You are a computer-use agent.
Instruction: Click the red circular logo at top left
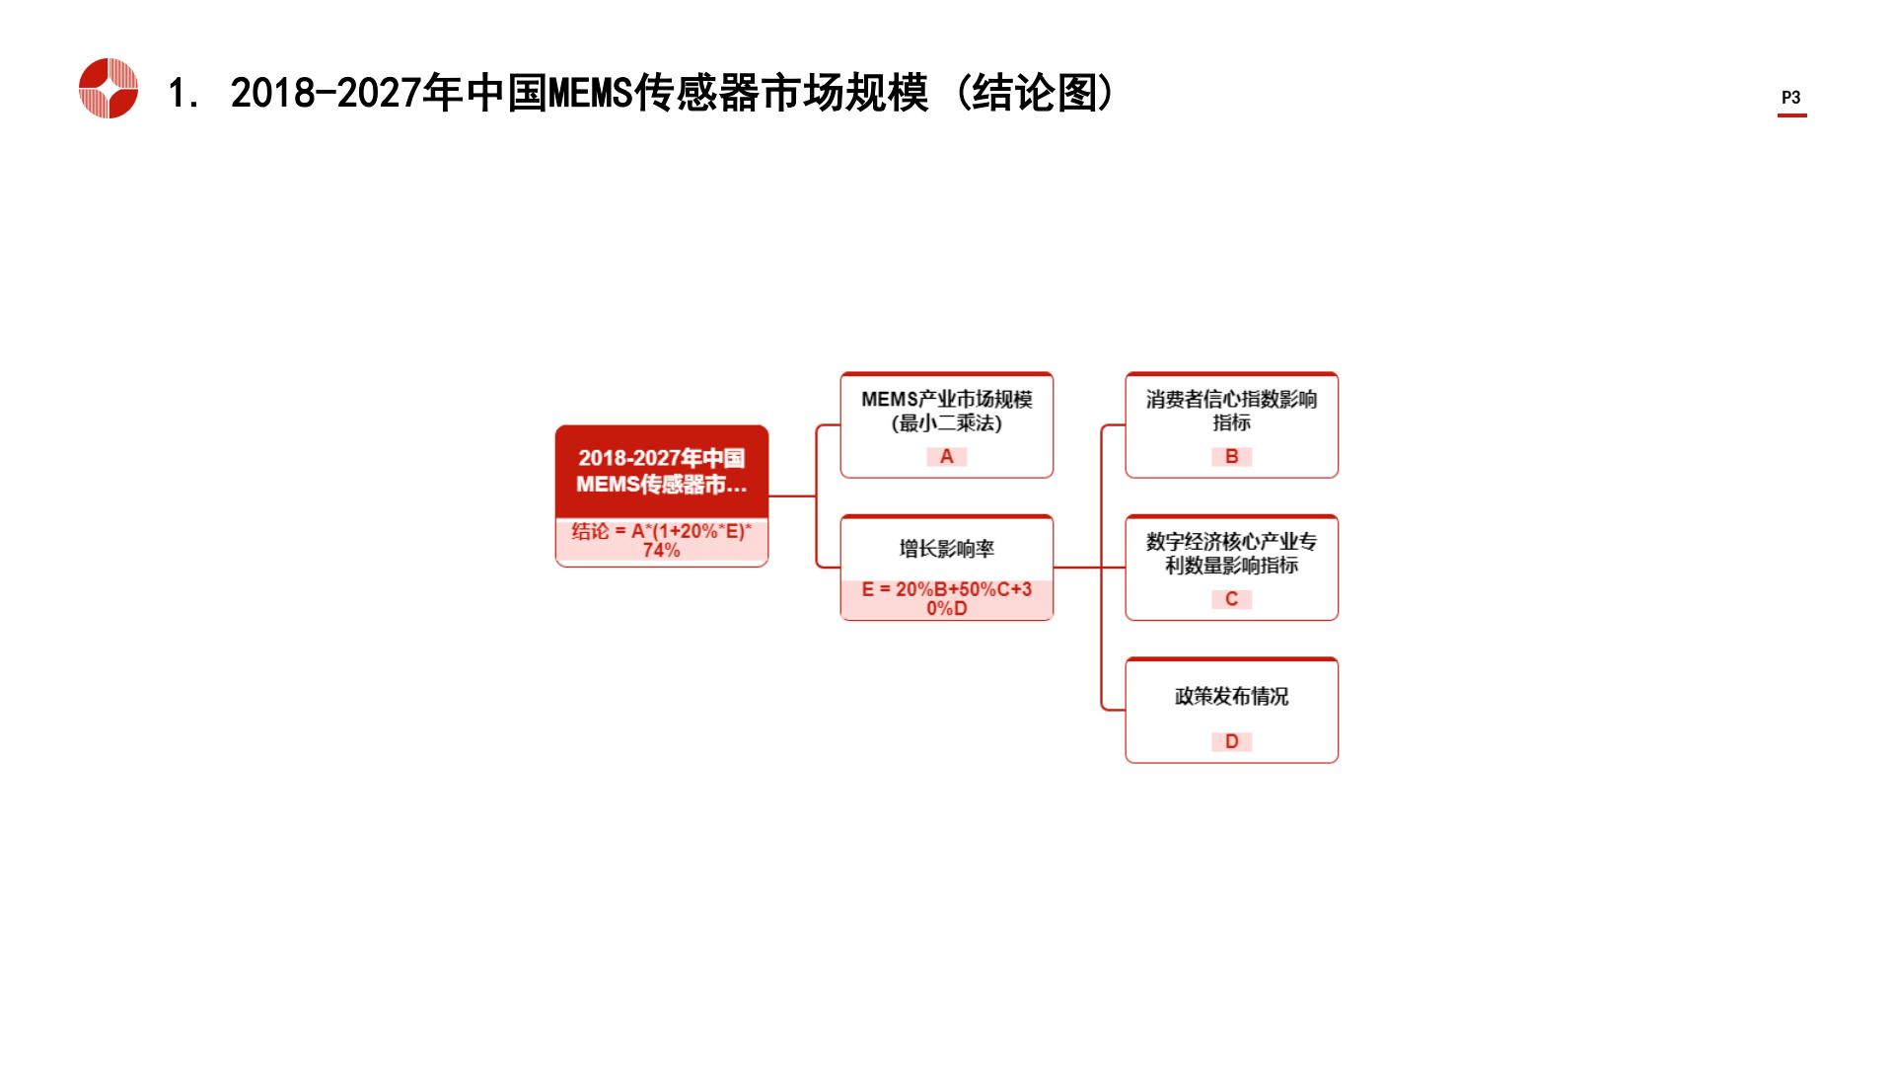(x=109, y=89)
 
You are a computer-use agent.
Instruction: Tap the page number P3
(x=1791, y=98)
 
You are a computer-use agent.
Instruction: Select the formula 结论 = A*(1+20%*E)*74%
(x=662, y=540)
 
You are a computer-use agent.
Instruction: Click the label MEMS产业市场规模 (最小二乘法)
(x=947, y=412)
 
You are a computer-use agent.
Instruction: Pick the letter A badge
(x=947, y=457)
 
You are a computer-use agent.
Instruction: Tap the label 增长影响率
(x=947, y=549)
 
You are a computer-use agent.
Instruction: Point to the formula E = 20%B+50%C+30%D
(x=947, y=598)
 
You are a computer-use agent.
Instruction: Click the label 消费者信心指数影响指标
(x=1232, y=411)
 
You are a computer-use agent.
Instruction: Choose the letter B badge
(x=1232, y=457)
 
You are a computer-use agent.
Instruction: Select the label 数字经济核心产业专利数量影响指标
(x=1232, y=554)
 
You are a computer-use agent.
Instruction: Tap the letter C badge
(x=1232, y=599)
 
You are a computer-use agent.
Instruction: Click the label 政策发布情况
(x=1232, y=696)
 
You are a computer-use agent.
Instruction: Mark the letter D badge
(x=1232, y=741)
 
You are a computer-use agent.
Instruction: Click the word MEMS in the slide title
(x=589, y=94)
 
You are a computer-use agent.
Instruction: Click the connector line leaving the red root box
(x=792, y=495)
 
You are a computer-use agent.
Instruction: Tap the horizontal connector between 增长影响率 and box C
(x=1090, y=568)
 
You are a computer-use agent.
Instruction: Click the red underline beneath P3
(x=1792, y=115)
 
